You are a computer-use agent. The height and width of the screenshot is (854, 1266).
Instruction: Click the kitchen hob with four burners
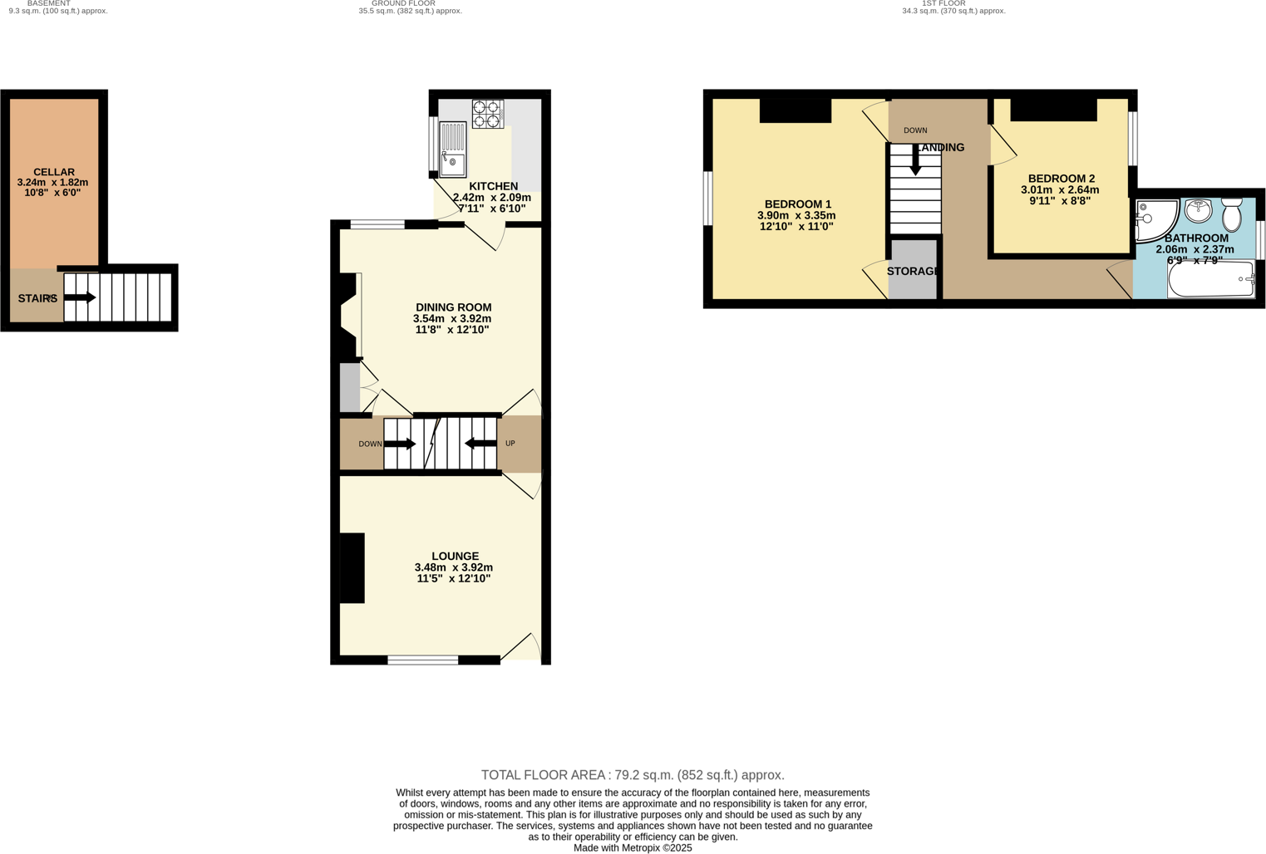click(x=488, y=114)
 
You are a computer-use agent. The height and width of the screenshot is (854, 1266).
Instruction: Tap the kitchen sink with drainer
click(x=452, y=150)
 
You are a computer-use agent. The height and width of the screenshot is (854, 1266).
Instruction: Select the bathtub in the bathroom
click(x=1211, y=279)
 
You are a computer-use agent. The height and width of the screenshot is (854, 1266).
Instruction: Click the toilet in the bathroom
click(x=1232, y=214)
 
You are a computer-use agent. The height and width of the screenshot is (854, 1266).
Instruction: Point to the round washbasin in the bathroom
click(x=1198, y=211)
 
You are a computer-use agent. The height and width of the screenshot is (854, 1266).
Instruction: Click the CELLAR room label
click(x=54, y=172)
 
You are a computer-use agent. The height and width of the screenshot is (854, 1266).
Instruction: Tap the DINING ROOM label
click(x=453, y=307)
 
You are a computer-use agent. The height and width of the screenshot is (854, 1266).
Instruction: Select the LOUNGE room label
click(x=455, y=556)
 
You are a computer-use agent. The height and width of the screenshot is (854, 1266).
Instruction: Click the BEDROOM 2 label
click(x=1061, y=179)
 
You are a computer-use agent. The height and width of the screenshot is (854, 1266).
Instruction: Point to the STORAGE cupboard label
click(x=913, y=272)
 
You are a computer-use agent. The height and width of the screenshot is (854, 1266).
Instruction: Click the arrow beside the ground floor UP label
click(x=480, y=444)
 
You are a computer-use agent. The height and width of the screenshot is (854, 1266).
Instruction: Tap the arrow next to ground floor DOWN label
click(x=400, y=444)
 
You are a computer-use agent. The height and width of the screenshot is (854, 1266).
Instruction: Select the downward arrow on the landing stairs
click(x=915, y=162)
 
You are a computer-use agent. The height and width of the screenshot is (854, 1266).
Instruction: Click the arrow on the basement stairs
click(x=80, y=297)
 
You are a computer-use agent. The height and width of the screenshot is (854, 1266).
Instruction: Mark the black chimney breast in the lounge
click(x=352, y=567)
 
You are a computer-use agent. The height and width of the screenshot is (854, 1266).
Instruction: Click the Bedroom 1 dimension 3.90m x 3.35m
click(x=796, y=215)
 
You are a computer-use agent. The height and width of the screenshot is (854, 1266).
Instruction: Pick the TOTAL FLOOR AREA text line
click(x=633, y=775)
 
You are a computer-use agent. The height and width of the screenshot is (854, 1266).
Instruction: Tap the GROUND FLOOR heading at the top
click(x=403, y=3)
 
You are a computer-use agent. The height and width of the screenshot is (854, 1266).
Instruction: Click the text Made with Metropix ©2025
click(x=633, y=847)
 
